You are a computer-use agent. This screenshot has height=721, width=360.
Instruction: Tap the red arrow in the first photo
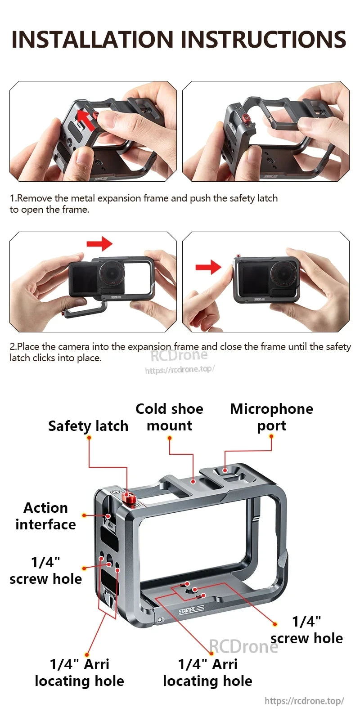(x=85, y=119)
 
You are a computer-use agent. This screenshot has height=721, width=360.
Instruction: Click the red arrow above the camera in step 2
(x=99, y=244)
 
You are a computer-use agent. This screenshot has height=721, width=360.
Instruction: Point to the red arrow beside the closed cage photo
(x=208, y=267)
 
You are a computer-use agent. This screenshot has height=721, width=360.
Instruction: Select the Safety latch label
(x=88, y=426)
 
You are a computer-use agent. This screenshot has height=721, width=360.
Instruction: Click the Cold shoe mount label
(x=169, y=417)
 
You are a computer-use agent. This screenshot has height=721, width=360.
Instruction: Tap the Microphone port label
(x=271, y=417)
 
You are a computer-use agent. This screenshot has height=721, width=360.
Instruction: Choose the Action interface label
(x=45, y=516)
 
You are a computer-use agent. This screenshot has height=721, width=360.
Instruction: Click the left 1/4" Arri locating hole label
(x=79, y=672)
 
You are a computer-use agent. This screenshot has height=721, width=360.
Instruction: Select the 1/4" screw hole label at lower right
(x=306, y=630)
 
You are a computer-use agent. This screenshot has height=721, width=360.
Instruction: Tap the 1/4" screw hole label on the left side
(x=45, y=570)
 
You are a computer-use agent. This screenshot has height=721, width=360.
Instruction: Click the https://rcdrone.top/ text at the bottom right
(x=304, y=701)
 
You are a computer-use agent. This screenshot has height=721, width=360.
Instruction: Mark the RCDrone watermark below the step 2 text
(x=179, y=355)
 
